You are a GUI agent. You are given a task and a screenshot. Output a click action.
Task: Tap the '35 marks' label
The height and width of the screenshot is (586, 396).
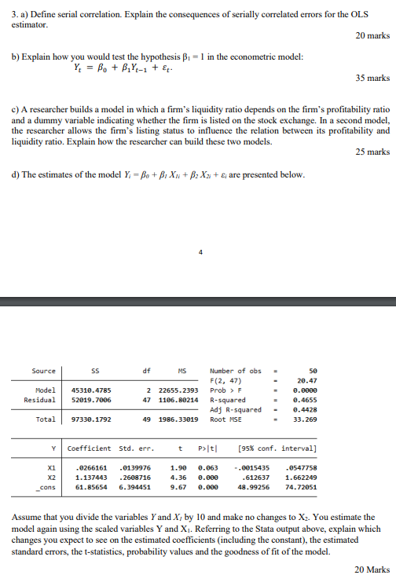[372, 78]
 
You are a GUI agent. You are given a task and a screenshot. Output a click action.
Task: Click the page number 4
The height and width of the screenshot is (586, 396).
[200, 252]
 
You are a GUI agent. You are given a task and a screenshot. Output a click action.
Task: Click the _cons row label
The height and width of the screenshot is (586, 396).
[47, 487]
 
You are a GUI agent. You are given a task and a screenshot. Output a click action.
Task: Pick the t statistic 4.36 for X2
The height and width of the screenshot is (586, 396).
[178, 477]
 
